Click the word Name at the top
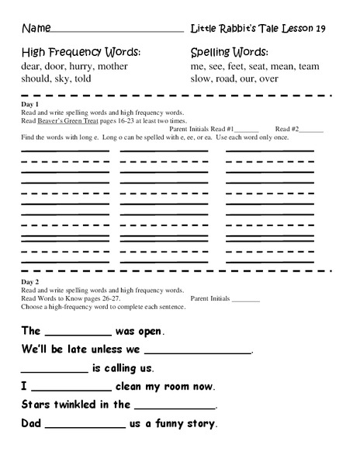pyautogui.click(x=34, y=30)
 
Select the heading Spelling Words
pyautogui.click(x=229, y=53)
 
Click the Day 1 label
pyautogui.click(x=32, y=104)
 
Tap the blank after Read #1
pyautogui.click(x=246, y=130)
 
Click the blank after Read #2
pyautogui.click(x=310, y=130)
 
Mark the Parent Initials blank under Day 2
pyautogui.click(x=246, y=298)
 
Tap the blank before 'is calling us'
pyautogui.click(x=54, y=369)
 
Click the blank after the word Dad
pyautogui.click(x=85, y=424)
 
